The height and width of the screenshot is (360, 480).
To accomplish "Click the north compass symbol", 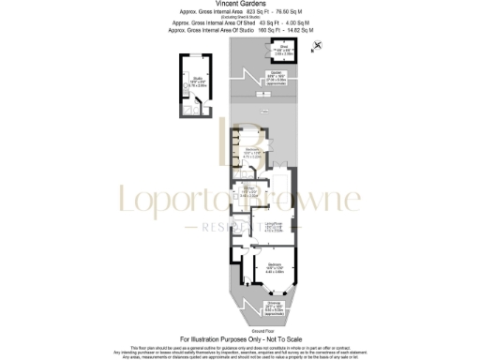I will (317, 45).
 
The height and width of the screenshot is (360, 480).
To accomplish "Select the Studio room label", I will (198, 78).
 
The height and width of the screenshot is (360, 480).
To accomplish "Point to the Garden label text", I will (276, 73).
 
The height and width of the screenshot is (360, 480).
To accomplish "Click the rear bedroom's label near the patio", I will (252, 151).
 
